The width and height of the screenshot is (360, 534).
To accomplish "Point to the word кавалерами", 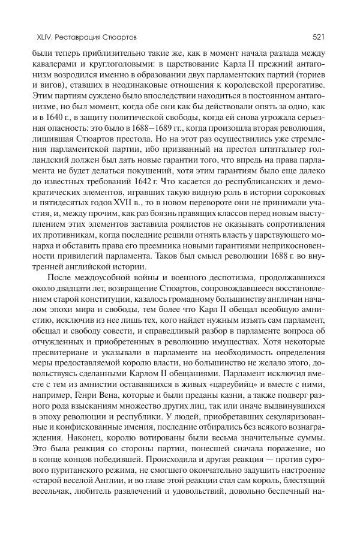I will tap(56, 65).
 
